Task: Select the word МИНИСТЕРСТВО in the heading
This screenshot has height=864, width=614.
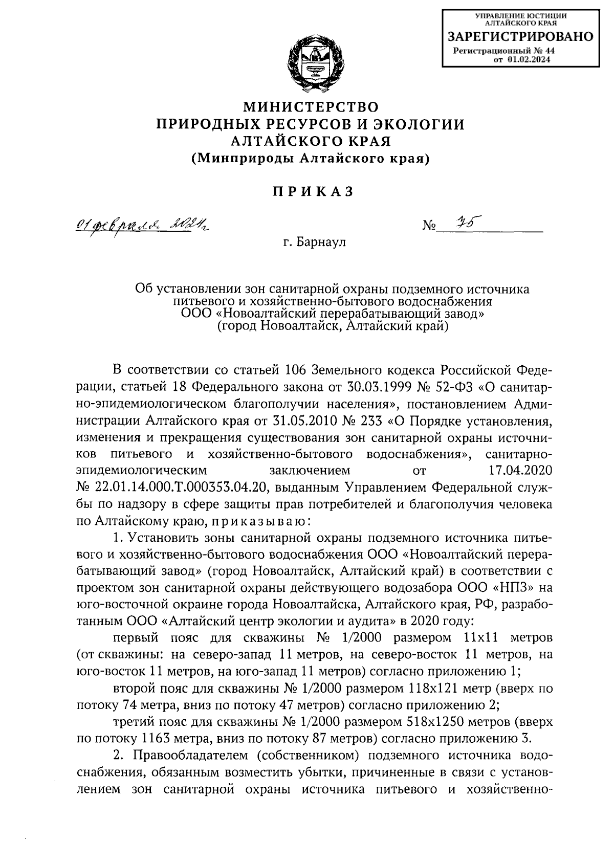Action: (x=311, y=107)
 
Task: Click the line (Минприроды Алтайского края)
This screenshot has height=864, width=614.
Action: (x=311, y=159)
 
